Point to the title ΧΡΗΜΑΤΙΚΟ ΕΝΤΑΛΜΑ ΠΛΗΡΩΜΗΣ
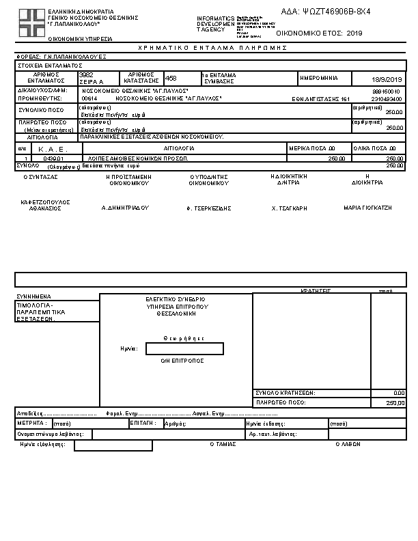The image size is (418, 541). (212, 48)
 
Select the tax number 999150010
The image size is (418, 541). (387, 91)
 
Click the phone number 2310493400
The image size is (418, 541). (387, 98)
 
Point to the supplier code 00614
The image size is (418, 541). (89, 98)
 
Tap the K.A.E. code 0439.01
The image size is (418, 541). (53, 158)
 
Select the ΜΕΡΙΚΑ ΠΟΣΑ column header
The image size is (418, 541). (312, 148)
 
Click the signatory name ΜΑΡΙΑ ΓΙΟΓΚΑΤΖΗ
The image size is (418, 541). (367, 207)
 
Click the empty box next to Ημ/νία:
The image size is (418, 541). (184, 349)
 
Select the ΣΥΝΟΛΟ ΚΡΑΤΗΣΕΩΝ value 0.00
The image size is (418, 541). (400, 393)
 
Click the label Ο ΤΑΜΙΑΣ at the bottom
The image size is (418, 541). (223, 443)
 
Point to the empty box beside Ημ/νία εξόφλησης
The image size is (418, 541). (113, 445)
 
